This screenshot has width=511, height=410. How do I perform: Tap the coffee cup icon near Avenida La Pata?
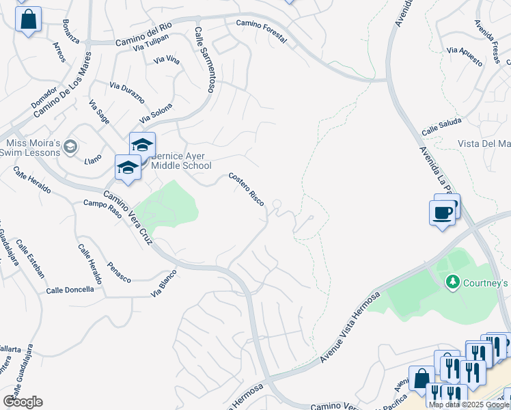click(x=442, y=213)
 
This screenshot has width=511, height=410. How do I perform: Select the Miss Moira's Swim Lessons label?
click(x=34, y=148)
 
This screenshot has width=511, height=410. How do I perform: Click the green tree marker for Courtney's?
click(x=452, y=282)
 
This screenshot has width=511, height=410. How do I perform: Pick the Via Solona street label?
click(x=156, y=113)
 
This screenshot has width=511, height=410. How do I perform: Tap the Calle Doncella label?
click(x=70, y=290)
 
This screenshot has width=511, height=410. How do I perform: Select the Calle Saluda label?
click(x=441, y=126)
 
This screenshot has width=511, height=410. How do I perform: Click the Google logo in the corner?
click(x=23, y=402)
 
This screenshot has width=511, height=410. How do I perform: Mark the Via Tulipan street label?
click(x=151, y=46)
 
